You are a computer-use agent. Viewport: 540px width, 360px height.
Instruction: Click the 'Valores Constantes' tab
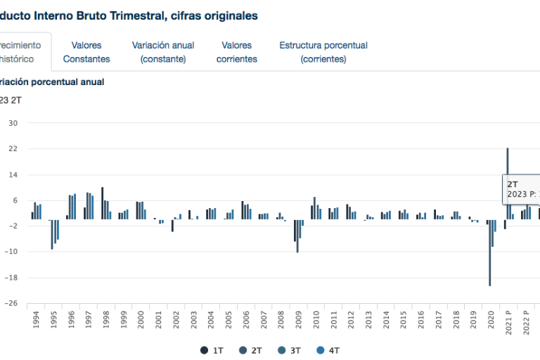[86, 52]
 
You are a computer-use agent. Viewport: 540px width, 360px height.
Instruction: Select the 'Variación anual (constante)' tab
[163, 52]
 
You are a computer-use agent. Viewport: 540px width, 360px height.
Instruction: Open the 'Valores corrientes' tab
[236, 52]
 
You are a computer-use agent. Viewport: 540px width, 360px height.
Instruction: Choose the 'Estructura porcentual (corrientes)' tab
[323, 52]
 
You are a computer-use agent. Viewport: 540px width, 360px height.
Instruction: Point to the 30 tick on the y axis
[13, 123]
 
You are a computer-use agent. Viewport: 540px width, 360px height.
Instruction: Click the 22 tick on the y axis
[13, 149]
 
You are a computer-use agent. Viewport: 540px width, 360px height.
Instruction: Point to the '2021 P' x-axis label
[508, 322]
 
